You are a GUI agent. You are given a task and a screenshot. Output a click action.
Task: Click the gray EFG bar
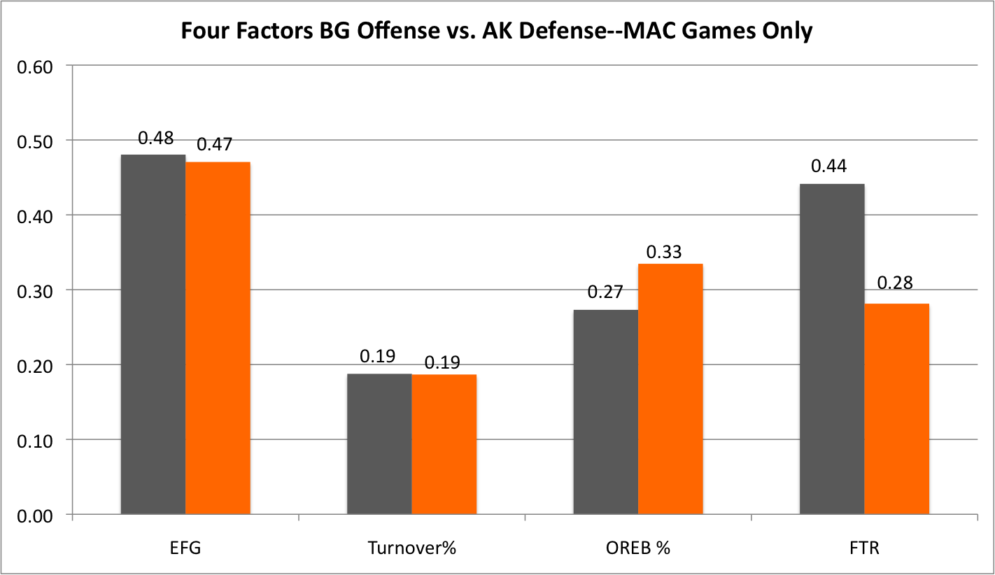(x=153, y=334)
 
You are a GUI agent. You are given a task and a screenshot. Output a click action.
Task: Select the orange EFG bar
(x=218, y=339)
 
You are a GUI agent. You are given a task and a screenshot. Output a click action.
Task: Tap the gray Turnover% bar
(x=379, y=444)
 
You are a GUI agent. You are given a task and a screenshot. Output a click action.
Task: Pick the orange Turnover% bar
(x=444, y=444)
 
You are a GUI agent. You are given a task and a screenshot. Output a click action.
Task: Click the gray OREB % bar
(x=606, y=412)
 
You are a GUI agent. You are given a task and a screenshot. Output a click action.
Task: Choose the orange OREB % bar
(x=671, y=389)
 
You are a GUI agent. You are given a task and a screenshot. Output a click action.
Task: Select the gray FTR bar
(x=832, y=349)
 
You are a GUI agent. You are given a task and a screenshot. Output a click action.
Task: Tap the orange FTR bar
(x=897, y=409)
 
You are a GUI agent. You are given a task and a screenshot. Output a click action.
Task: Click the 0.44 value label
(x=829, y=166)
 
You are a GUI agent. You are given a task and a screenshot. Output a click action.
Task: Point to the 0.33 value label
(x=663, y=252)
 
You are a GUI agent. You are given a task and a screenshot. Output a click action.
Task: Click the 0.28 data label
(x=895, y=283)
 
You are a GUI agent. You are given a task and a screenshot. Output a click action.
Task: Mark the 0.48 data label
(x=155, y=138)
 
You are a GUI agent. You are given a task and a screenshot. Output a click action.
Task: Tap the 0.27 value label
(x=605, y=292)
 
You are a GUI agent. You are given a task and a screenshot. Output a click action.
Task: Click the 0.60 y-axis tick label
(x=35, y=67)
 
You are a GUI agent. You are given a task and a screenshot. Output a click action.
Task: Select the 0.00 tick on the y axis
(x=35, y=516)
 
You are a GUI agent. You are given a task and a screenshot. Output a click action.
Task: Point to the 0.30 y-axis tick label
(x=35, y=292)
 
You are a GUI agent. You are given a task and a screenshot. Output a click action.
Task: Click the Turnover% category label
(x=411, y=548)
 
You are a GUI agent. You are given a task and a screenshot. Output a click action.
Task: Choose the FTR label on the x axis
(x=864, y=548)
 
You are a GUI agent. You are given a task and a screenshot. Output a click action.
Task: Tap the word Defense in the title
(x=557, y=31)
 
